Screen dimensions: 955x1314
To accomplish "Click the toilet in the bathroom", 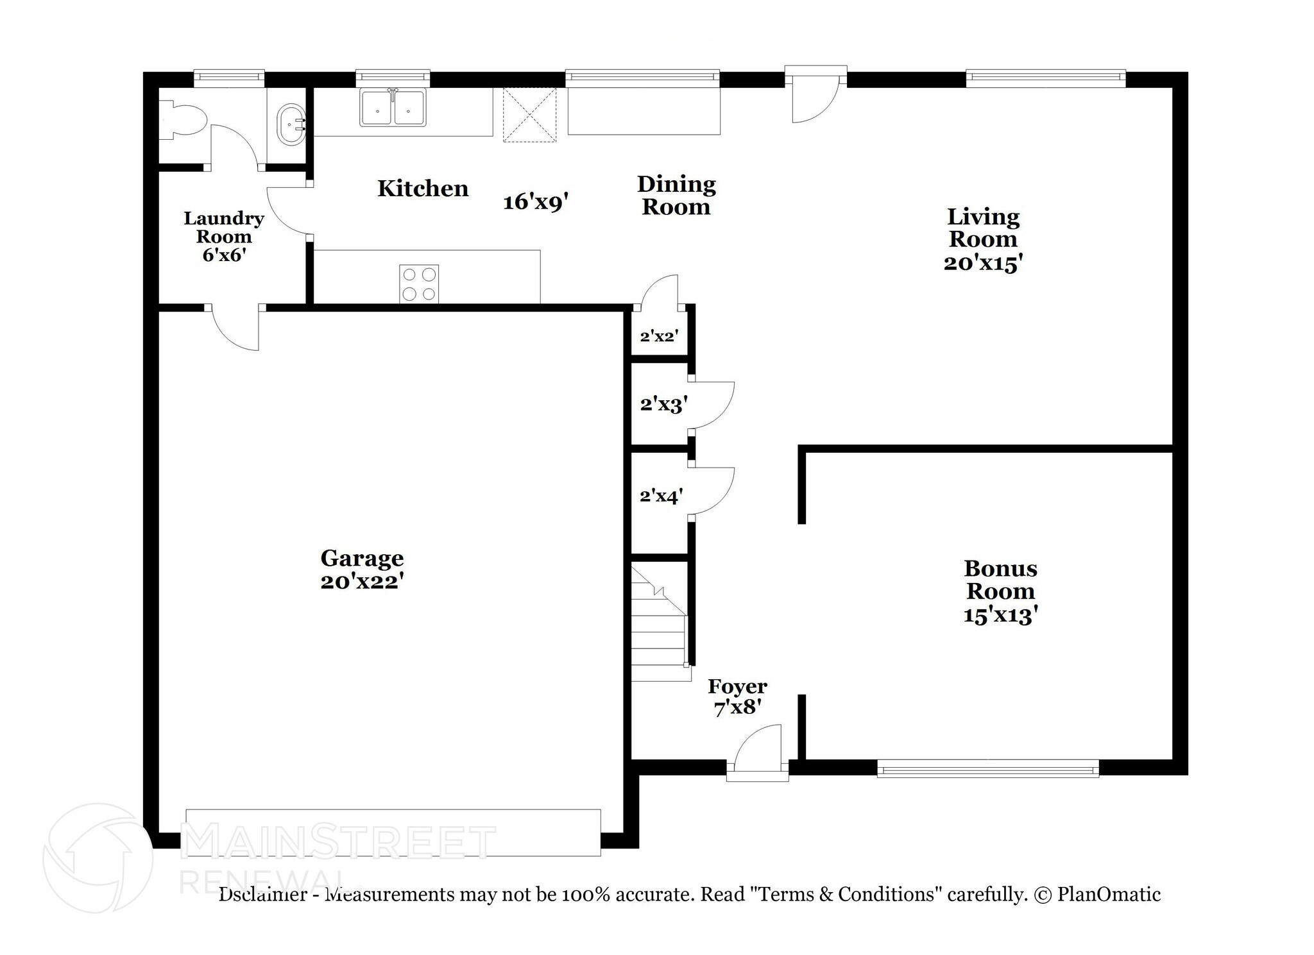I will tap(185, 120).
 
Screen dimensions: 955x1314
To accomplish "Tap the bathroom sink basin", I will tap(291, 125).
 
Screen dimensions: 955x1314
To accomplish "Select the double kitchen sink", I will tap(393, 108).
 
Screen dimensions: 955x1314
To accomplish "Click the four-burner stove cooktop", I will tap(419, 283).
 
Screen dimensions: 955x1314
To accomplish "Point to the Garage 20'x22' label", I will tap(362, 570).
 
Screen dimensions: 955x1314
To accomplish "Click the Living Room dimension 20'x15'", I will tap(982, 263).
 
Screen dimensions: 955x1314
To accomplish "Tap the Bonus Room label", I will tap(1000, 579).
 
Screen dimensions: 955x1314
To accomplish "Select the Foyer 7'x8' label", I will tap(737, 697).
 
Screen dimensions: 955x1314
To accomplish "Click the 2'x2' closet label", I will tap(659, 335).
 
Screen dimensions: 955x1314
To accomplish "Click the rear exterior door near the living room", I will tap(815, 96).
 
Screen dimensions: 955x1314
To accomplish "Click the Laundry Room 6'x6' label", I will tap(224, 237).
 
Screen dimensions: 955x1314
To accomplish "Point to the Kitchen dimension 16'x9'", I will tap(536, 202).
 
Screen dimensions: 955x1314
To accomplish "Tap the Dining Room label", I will tap(676, 196).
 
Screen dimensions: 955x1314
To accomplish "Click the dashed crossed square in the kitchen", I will tap(529, 115).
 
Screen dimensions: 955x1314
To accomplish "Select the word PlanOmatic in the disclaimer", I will tap(1109, 893).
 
